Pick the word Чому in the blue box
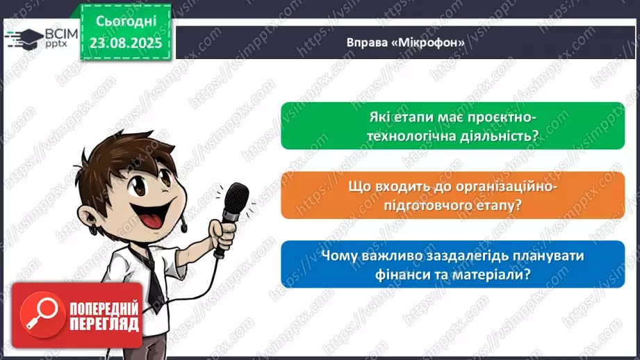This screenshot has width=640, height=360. pos(340,255)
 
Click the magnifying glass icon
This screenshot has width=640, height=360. pos(39,314)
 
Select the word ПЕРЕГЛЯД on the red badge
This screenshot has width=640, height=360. pos(104,323)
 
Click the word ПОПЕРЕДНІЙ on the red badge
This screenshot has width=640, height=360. pos(104,306)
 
